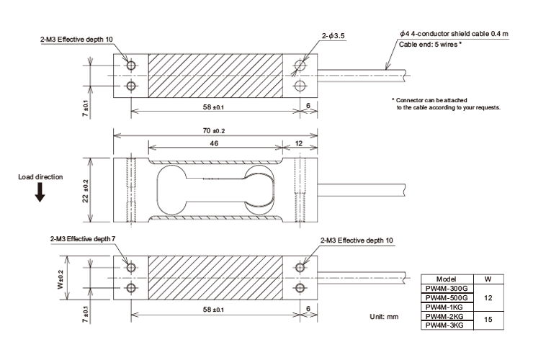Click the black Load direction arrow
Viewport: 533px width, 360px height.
tap(40, 192)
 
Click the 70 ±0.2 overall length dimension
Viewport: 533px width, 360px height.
tap(214, 130)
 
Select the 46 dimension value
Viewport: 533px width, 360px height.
tap(214, 143)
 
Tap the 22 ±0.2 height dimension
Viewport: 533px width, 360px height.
tap(85, 191)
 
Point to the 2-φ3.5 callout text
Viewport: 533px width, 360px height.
tap(333, 36)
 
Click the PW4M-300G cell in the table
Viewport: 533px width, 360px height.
tap(447, 289)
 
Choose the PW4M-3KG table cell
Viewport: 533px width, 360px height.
tap(444, 325)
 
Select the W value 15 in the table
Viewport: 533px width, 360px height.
tap(488, 320)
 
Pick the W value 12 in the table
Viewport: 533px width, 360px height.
tap(488, 298)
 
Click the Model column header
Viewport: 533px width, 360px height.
tap(446, 279)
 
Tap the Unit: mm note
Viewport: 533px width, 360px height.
tap(384, 317)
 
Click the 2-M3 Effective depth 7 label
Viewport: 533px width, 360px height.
tap(83, 239)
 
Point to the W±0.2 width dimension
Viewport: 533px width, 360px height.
tap(61, 279)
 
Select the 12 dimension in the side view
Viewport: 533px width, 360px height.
tap(298, 143)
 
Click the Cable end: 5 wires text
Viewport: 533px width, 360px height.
tap(430, 45)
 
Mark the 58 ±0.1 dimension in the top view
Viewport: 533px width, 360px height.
tap(213, 107)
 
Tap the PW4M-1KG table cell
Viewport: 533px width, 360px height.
tap(444, 307)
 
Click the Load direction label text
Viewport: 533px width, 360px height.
tap(40, 177)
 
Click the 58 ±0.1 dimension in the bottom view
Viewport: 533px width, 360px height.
tap(213, 310)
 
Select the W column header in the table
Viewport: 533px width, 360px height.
tap(488, 279)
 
